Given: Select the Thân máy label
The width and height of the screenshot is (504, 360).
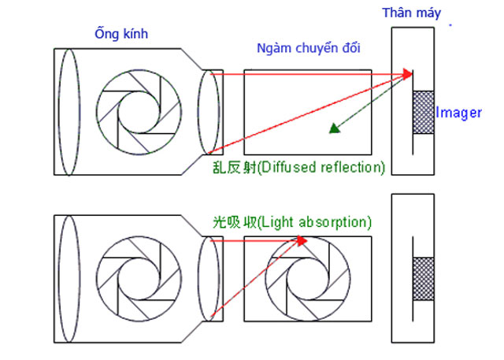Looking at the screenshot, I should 411,13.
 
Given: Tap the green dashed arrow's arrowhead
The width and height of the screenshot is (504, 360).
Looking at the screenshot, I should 335,128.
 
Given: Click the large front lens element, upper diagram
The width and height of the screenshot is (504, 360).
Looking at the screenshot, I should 69,109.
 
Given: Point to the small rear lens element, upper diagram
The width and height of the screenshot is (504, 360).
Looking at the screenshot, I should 209,110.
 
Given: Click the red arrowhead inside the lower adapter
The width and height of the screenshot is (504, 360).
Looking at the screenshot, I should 302,239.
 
